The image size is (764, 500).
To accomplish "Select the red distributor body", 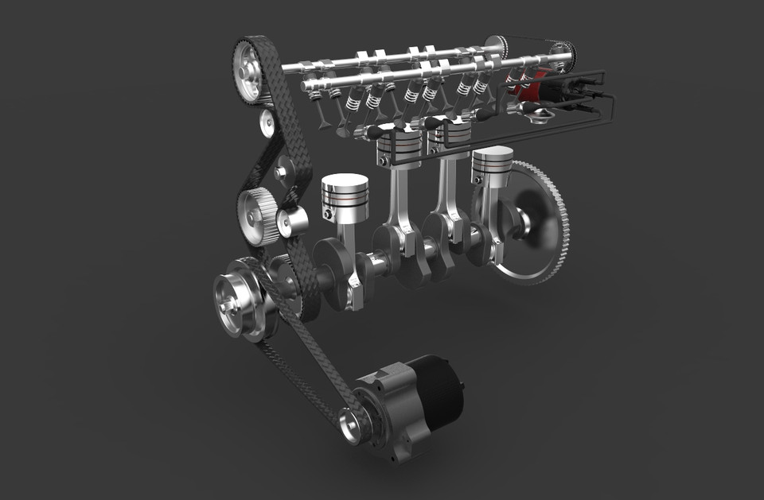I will (x=532, y=86).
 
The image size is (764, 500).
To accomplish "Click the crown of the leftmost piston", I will (x=345, y=184).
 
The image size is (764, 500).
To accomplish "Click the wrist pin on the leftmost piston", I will (x=327, y=214).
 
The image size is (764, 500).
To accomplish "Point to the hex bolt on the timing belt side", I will (x=280, y=171).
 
